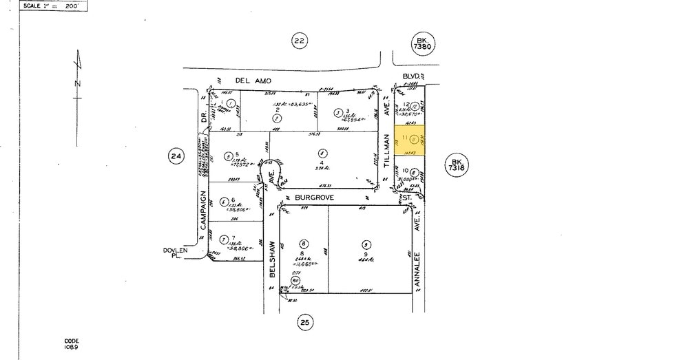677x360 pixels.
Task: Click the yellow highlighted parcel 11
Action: (x=409, y=138)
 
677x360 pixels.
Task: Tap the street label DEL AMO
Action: (x=253, y=81)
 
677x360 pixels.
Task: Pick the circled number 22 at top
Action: (x=298, y=41)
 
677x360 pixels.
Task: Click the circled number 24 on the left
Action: (x=175, y=156)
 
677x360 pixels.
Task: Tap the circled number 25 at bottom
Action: (x=306, y=321)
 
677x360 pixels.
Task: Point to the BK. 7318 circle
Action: (x=455, y=163)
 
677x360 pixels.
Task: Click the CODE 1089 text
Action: (x=72, y=344)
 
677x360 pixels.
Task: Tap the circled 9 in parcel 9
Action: (x=365, y=244)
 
